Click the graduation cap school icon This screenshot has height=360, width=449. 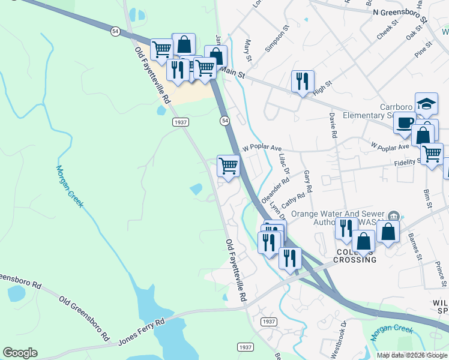point(427,104)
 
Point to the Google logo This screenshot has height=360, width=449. point(20,353)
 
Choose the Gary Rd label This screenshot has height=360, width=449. point(308,181)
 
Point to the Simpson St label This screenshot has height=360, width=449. point(277,35)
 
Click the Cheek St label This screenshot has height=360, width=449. point(387,31)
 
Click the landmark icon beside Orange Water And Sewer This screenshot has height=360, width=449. point(393,215)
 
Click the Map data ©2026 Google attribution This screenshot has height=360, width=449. point(412,355)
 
